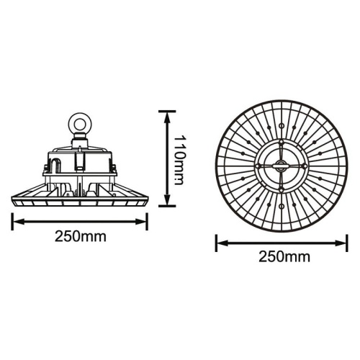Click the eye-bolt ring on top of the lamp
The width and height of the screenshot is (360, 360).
77,123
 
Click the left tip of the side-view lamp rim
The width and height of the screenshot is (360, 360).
13,199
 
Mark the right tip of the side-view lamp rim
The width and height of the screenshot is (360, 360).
146,199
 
